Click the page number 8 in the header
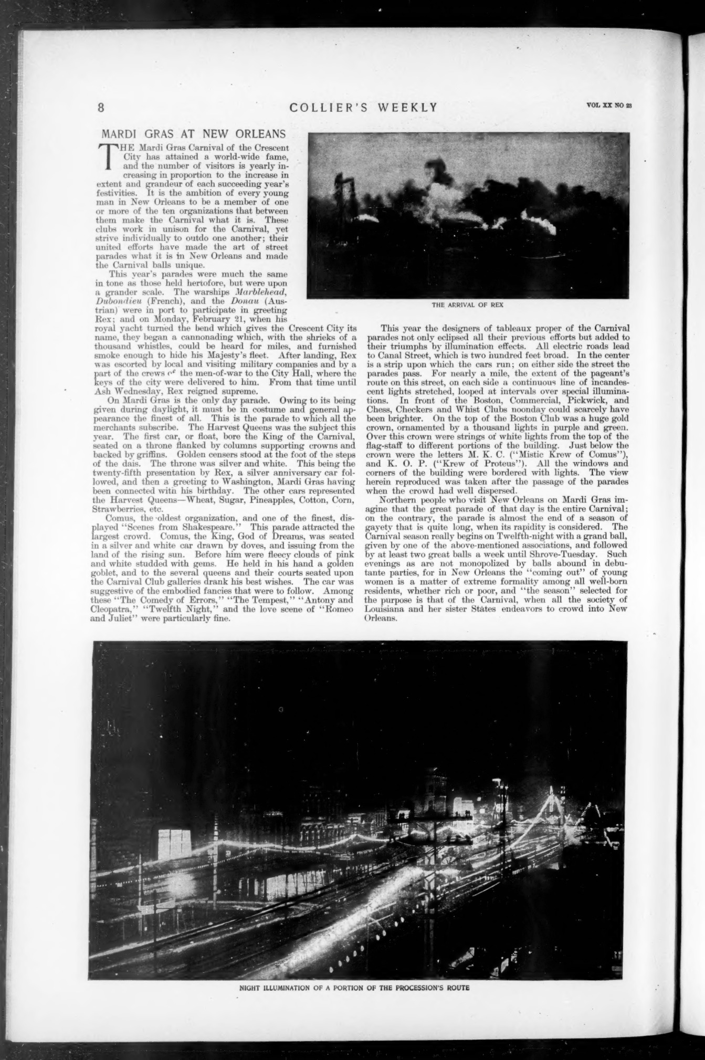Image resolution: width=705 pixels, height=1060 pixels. pos(101,108)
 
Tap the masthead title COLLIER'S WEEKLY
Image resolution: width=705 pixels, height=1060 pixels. pos(363,108)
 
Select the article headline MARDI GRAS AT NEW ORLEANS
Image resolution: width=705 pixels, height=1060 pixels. pos(193,133)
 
